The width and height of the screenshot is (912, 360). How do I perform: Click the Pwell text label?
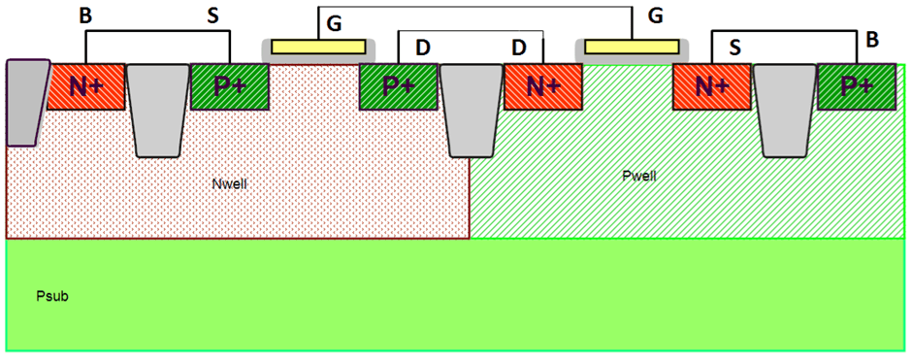[x=640, y=176]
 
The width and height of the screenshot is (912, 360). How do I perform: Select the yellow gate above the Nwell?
[x=318, y=47]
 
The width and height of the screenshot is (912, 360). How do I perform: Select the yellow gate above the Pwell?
[x=632, y=47]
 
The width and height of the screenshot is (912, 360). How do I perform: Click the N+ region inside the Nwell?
[x=86, y=86]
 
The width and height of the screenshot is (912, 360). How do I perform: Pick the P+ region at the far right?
[x=856, y=86]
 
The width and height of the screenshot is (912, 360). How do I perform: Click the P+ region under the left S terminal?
[x=229, y=86]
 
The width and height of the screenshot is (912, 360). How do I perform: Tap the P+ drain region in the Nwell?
[x=398, y=86]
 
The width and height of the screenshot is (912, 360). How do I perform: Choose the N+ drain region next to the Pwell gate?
[x=542, y=86]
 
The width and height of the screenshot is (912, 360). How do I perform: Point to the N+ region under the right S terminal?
[x=711, y=86]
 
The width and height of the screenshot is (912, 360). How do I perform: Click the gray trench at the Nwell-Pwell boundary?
[x=470, y=109]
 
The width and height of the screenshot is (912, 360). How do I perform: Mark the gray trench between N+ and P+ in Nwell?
[x=157, y=109]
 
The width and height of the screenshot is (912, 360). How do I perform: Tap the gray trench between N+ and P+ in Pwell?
[x=784, y=109]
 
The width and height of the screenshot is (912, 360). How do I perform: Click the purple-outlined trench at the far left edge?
[x=25, y=101]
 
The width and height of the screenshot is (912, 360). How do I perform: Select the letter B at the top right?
[x=871, y=40]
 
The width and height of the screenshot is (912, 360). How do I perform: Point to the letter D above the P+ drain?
[x=422, y=47]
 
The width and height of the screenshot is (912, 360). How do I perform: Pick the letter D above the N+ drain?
[x=519, y=47]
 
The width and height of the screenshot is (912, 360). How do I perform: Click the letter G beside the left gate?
[x=333, y=23]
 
